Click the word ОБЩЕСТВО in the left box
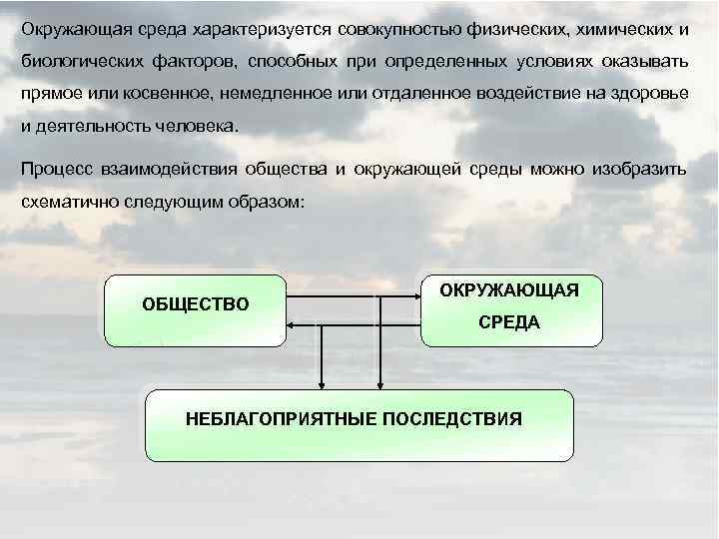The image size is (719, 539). pos(196,303)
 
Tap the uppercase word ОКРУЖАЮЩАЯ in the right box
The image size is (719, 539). pos(515,289)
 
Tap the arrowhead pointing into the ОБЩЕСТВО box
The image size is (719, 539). pos(291,323)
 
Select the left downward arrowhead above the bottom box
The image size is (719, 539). pos(321,382)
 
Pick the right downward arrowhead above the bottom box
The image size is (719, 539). pos(378,382)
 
